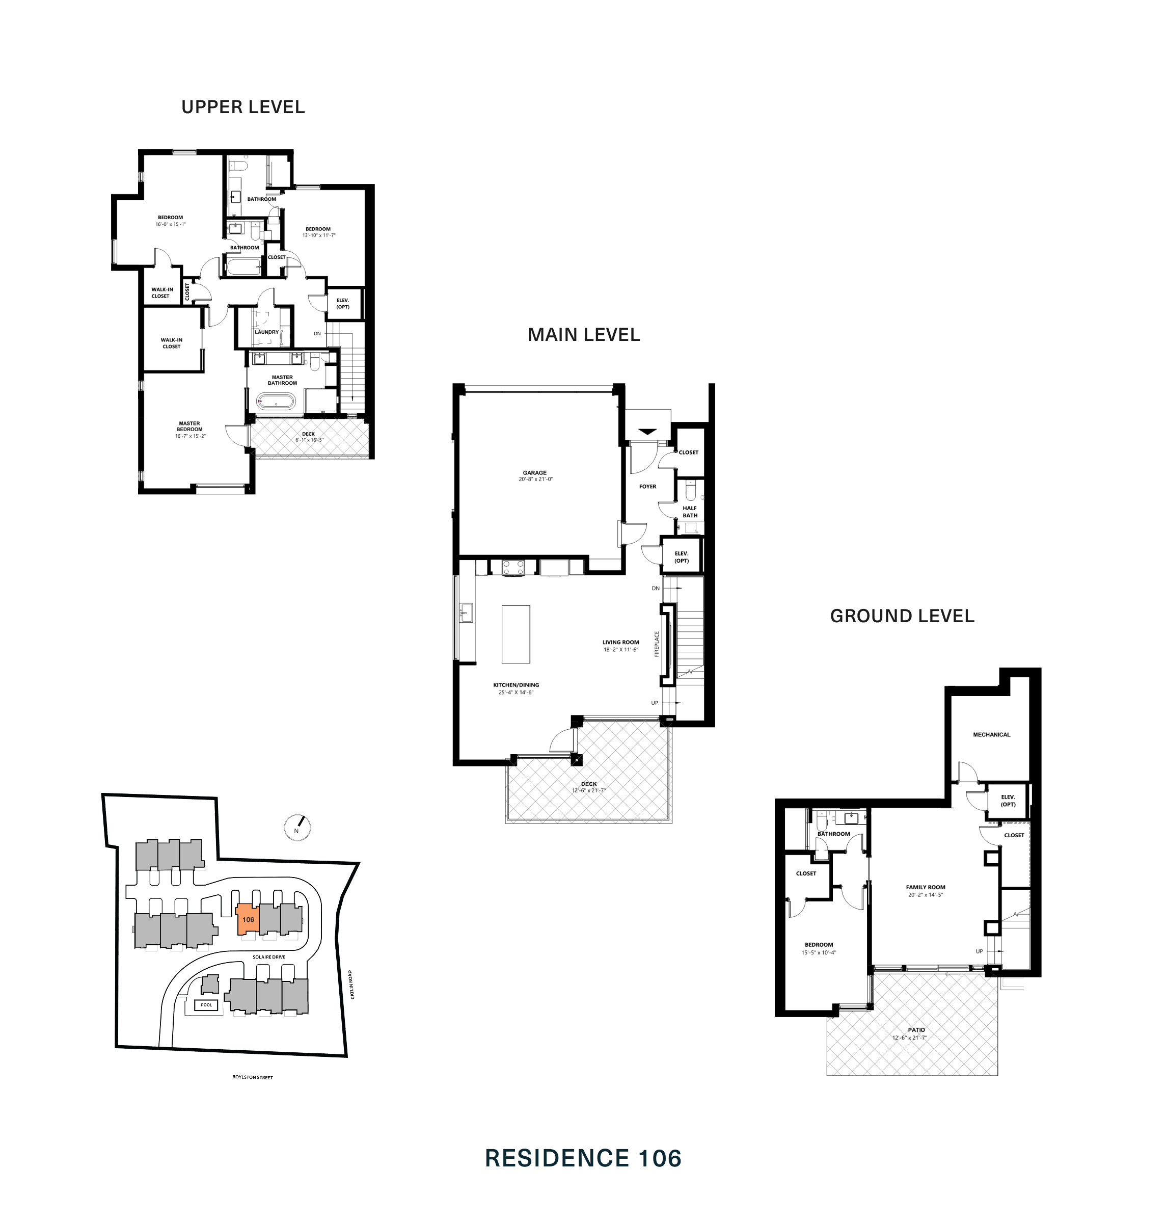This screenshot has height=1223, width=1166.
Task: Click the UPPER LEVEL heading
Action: (x=243, y=107)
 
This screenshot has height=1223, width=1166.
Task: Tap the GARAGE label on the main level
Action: (x=534, y=472)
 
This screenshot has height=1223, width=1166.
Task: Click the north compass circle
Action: (x=296, y=828)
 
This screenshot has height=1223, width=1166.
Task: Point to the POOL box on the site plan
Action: (x=206, y=1005)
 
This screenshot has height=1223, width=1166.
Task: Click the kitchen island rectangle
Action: (x=516, y=634)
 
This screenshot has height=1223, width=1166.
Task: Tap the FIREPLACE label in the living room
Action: (x=656, y=644)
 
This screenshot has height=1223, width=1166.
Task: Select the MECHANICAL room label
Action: (x=991, y=734)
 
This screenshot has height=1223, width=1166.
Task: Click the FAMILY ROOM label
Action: (x=925, y=887)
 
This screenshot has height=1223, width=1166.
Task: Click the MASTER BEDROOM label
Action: (x=189, y=426)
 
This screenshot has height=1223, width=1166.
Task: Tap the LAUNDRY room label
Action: (x=266, y=332)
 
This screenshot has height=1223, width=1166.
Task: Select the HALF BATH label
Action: (x=689, y=511)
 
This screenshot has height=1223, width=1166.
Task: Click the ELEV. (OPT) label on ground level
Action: (x=1008, y=800)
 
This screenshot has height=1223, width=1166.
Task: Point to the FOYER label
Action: (x=647, y=486)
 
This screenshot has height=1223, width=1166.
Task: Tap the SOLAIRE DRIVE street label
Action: (x=269, y=957)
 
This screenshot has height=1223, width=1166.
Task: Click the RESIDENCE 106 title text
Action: (x=582, y=1158)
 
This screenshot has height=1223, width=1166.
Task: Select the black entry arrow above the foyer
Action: (x=647, y=432)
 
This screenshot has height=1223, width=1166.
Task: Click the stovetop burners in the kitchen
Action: (x=513, y=567)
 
